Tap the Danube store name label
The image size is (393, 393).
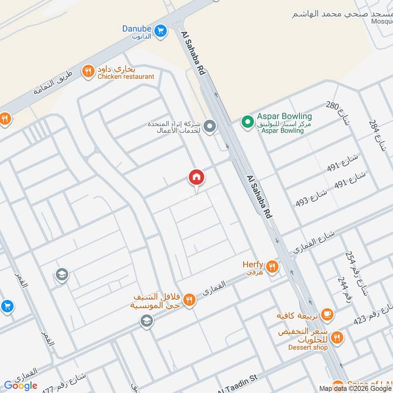click(x=137, y=28)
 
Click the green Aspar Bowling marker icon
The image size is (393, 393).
click(x=246, y=120)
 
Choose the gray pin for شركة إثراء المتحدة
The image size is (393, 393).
click(x=210, y=127)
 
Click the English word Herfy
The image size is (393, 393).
click(x=253, y=264)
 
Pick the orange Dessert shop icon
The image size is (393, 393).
click(x=337, y=337)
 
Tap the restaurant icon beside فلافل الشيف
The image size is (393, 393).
click(x=189, y=300)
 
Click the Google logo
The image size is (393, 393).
click(x=21, y=386)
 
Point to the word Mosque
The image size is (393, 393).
click(x=382, y=21)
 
